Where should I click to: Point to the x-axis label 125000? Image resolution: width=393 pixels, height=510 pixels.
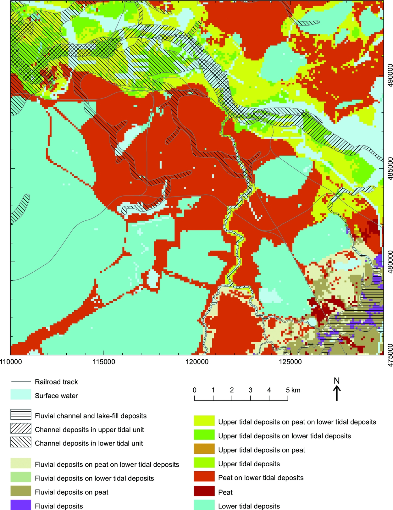290,362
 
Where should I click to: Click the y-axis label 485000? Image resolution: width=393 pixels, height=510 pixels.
390,169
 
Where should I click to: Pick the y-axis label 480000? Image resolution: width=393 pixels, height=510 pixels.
390,262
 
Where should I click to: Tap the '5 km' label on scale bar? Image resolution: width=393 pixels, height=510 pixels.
293,390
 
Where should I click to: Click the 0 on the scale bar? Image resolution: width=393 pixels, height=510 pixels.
195,390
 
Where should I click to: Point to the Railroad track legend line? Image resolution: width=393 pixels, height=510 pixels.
21,382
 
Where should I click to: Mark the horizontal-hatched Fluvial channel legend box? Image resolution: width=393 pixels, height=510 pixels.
21,415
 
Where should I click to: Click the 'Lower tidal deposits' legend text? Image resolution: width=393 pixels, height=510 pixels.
249,506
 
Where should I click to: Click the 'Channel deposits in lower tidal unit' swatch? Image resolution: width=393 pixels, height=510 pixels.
21,442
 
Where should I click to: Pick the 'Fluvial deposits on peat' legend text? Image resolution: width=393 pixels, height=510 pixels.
71,492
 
